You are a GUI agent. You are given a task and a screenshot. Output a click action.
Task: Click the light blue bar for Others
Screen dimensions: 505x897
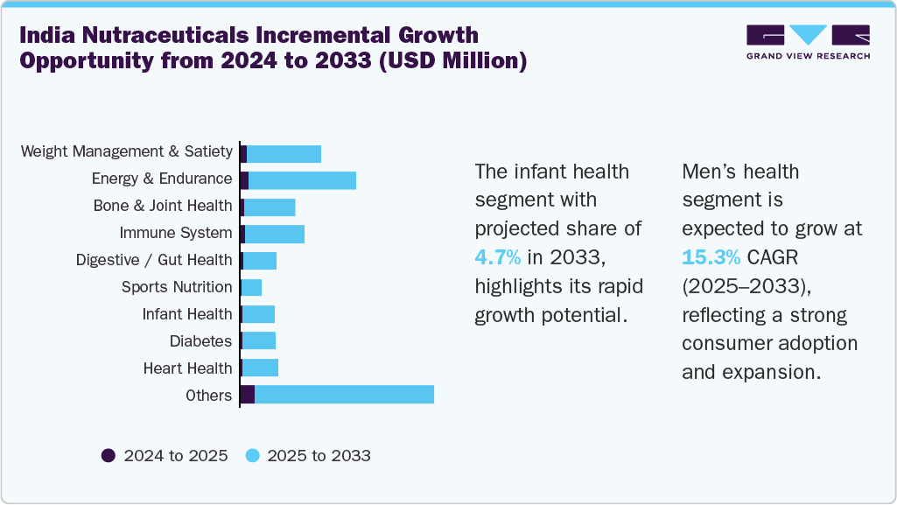(344, 395)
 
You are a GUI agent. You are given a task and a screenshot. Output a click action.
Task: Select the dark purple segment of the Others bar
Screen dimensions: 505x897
(247, 395)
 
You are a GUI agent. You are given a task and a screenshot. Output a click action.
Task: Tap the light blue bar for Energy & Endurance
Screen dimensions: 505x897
(302, 180)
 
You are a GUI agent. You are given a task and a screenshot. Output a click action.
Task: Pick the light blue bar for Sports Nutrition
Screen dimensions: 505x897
(251, 287)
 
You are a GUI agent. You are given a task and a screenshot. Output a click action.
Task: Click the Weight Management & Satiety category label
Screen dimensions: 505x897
(127, 152)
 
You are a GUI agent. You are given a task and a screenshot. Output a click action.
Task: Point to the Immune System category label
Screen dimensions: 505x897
(176, 234)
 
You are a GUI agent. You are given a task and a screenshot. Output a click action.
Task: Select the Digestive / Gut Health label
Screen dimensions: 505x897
(154, 261)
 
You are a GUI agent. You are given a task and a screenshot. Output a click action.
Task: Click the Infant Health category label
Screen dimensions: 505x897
(187, 314)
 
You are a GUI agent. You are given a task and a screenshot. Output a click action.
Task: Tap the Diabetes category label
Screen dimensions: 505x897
(200, 341)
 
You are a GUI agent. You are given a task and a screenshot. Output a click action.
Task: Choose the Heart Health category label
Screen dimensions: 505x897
(187, 368)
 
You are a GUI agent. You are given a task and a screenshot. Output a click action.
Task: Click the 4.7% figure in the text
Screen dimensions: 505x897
(498, 257)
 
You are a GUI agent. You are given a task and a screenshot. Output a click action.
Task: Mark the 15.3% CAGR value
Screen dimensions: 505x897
(711, 257)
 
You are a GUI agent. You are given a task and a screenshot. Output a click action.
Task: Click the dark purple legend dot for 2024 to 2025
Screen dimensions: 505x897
(109, 455)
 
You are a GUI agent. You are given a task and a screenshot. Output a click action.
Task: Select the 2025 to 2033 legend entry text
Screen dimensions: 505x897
(319, 456)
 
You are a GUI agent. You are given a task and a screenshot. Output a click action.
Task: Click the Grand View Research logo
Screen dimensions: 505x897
(808, 42)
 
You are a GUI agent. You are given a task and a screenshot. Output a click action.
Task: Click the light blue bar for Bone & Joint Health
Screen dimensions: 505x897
(270, 207)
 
